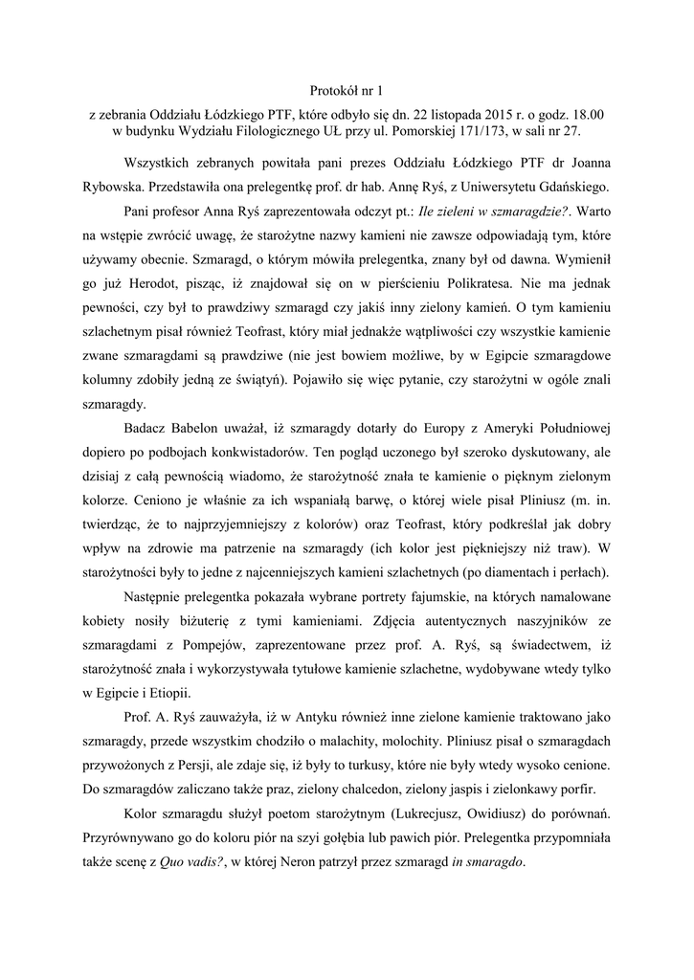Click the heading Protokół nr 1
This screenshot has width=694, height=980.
pyautogui.click(x=346, y=91)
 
